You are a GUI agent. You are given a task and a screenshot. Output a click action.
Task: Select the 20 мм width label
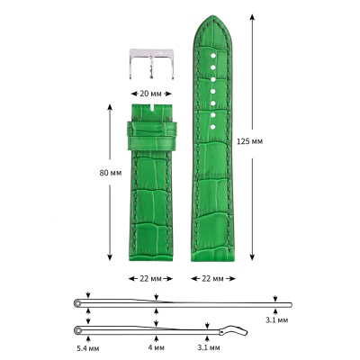pos(151,92)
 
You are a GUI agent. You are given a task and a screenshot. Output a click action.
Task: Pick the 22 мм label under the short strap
pos(151,278)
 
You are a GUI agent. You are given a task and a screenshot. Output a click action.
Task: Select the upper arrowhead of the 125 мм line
pos(251,22)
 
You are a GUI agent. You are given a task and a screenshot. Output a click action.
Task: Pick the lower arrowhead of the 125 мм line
pos(251,258)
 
